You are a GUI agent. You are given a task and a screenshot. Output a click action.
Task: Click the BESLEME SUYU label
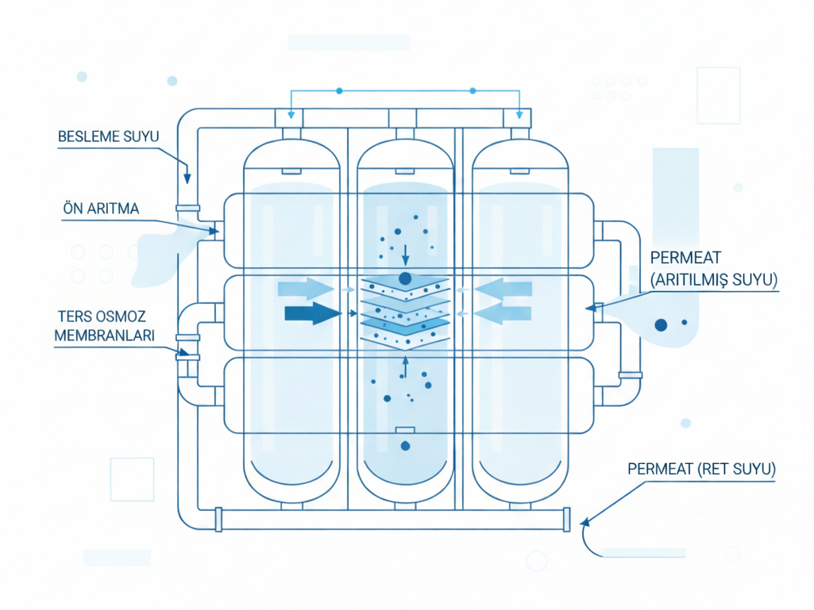point(109,136)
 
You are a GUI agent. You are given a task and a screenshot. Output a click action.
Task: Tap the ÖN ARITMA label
point(101,209)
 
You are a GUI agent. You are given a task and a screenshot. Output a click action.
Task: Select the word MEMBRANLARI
point(103,336)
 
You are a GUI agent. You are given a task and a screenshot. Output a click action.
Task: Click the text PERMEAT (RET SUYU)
point(701,468)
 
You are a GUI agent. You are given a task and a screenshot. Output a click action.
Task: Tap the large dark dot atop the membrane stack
point(405,278)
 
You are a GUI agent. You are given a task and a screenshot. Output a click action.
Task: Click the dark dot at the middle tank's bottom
point(405,447)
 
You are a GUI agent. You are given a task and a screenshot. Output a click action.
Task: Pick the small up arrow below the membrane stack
point(405,366)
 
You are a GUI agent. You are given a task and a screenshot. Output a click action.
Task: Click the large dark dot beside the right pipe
point(661,324)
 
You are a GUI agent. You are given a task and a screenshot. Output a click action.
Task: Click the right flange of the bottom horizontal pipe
point(567,520)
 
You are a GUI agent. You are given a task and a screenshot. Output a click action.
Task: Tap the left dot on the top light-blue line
point(339,91)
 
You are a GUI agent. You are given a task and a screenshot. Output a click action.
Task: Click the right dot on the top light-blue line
point(473,91)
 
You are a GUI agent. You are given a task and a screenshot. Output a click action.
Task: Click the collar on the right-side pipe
point(631,374)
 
